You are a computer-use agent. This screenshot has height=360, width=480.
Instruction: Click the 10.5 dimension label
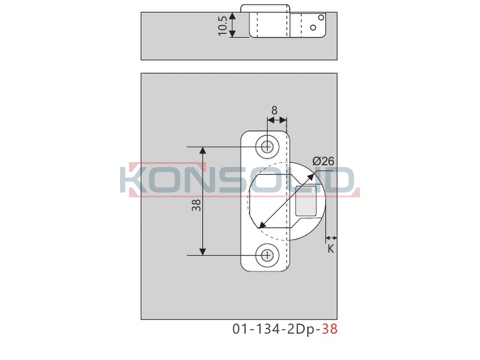coord(222,26)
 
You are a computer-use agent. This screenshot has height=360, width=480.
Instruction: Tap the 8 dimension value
coord(274,110)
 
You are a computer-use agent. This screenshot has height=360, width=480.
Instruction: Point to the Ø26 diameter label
coord(323,161)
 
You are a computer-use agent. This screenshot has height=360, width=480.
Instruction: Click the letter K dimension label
coord(331,249)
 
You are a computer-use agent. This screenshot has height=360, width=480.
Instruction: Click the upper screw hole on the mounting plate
coord(268,147)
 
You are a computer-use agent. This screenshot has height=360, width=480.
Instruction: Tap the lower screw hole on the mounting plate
coord(268,255)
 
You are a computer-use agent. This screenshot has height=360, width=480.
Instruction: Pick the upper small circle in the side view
coord(321,18)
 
